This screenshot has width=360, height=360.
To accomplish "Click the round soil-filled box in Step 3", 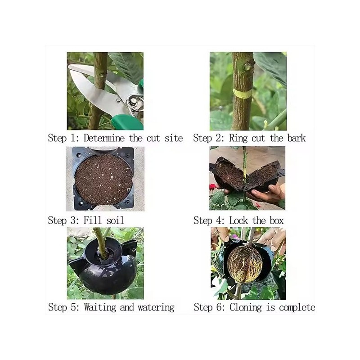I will [103, 179].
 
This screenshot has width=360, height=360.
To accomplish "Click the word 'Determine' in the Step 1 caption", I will [105, 138].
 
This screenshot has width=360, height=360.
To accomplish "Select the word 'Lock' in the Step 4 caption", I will [239, 220].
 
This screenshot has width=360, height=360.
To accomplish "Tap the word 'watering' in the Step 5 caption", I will [156, 308].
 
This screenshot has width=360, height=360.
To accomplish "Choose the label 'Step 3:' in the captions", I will [64, 220].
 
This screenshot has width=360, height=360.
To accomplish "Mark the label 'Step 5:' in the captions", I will [64, 308].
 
